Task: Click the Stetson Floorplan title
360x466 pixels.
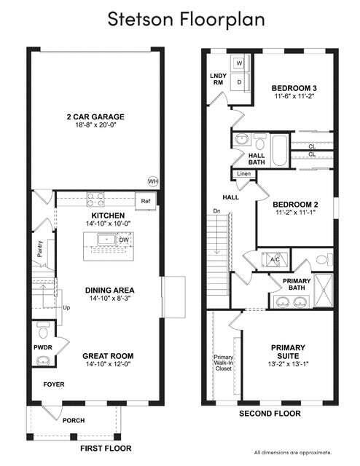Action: pos(180,19)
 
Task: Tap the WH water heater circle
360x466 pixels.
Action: pos(153,181)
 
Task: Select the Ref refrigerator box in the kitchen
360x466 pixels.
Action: pos(146,200)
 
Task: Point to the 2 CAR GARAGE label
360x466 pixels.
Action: pos(95,116)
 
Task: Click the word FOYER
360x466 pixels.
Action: pos(53,383)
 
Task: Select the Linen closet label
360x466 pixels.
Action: pos(243,175)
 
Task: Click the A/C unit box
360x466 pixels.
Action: pos(275,259)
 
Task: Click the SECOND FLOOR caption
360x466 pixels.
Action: pos(270,414)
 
